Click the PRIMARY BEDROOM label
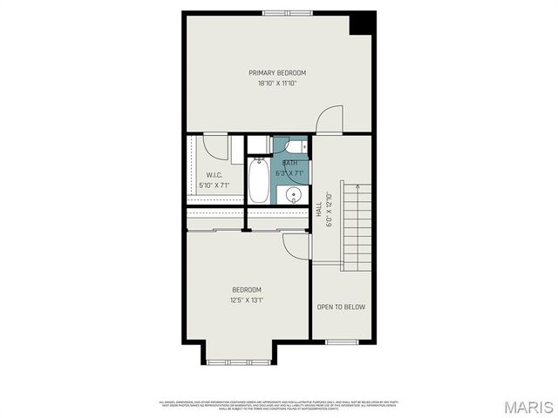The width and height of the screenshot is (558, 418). click(x=277, y=72)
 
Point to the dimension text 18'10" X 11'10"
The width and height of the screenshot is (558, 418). click(x=277, y=84)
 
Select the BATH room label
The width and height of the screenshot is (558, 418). click(x=289, y=163)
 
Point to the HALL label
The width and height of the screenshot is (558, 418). click(x=319, y=210)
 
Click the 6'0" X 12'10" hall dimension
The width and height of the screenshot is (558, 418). click(x=329, y=210)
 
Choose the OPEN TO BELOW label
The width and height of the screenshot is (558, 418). click(x=341, y=307)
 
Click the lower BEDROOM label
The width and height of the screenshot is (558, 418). click(x=246, y=290)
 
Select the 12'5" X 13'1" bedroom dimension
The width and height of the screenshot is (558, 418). click(x=246, y=301)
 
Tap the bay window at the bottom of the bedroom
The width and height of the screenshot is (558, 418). click(x=242, y=360)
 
